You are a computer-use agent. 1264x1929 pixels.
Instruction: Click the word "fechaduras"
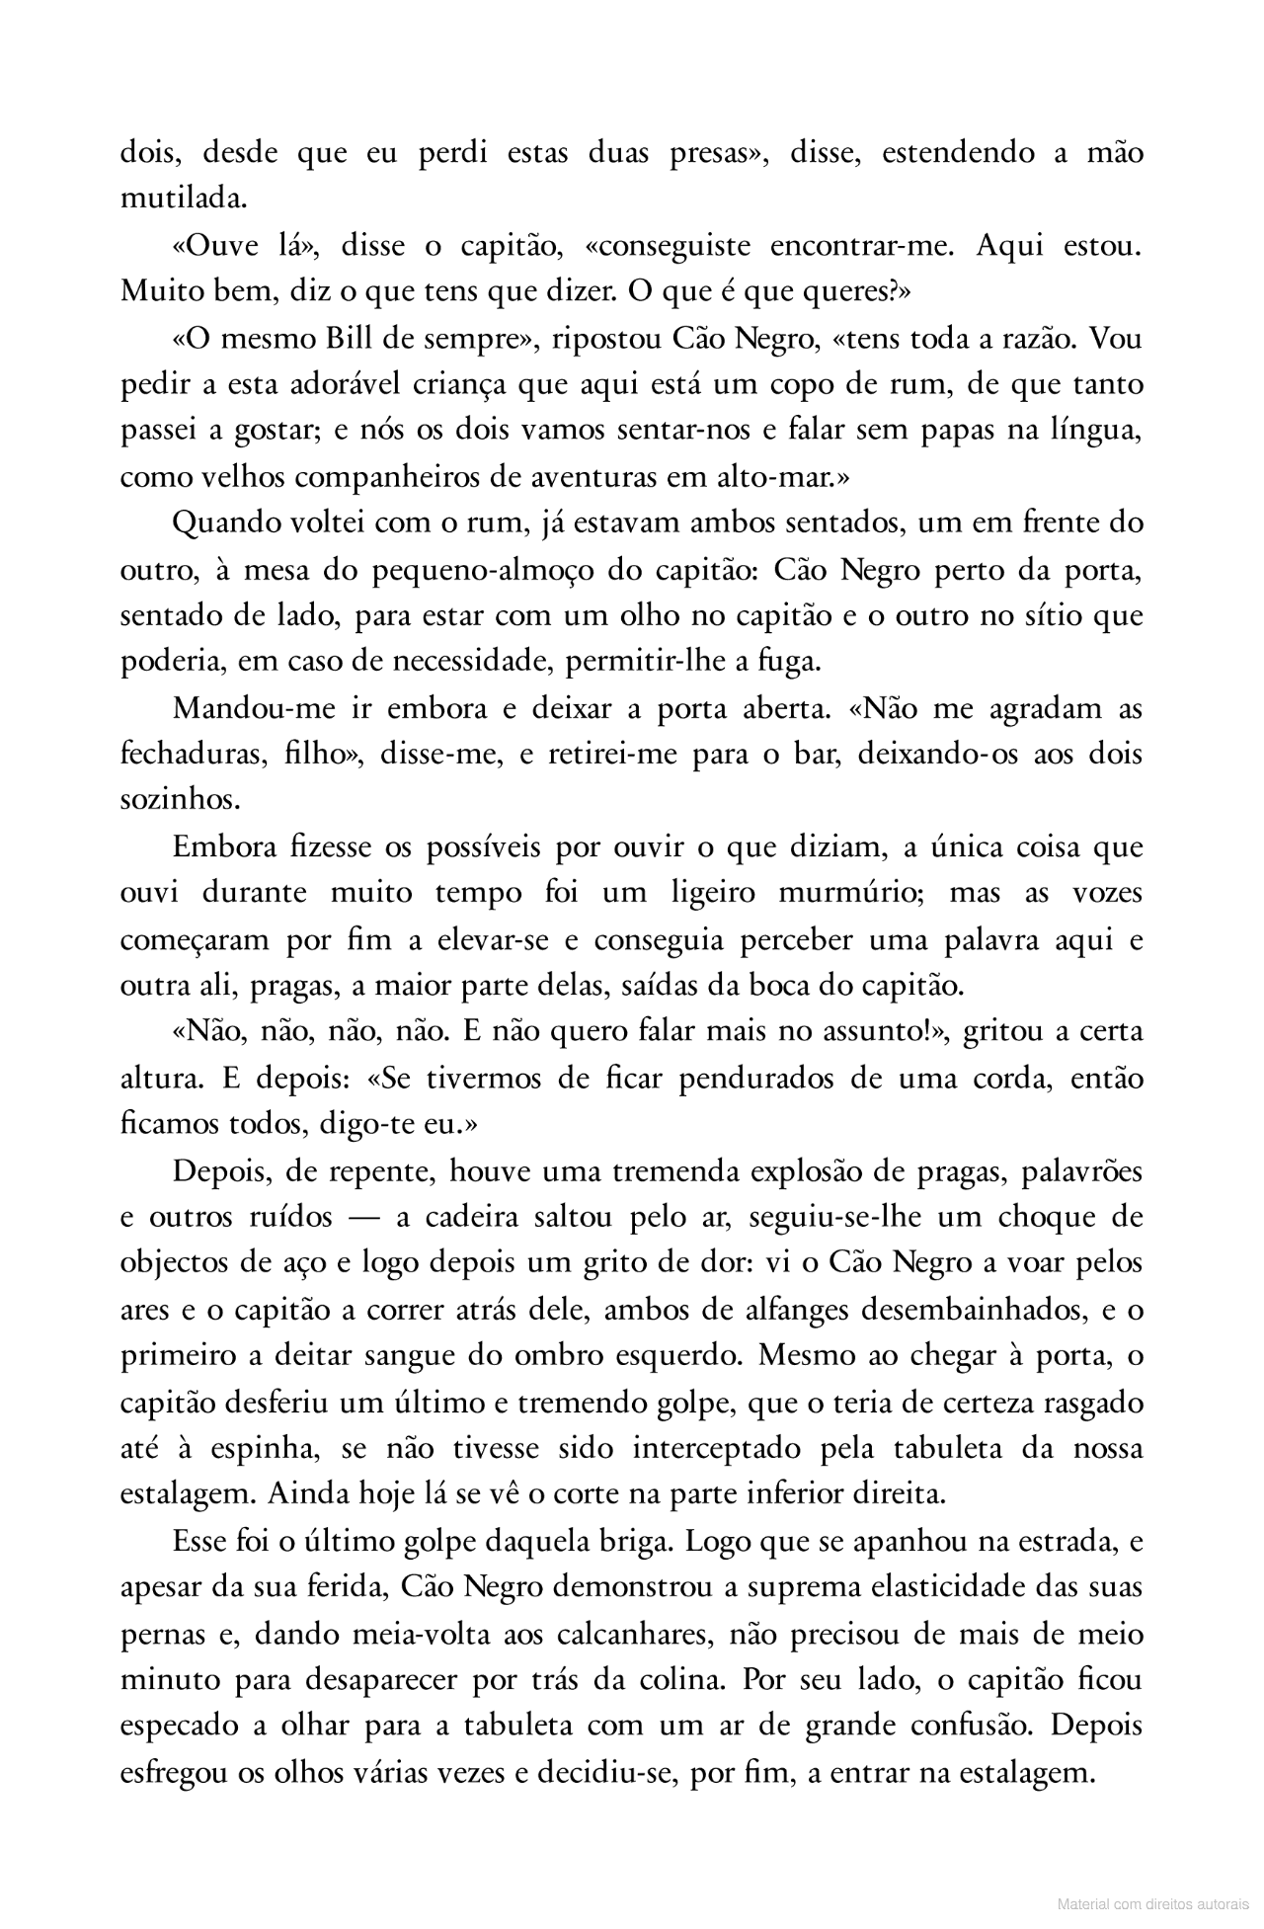[x=191, y=755]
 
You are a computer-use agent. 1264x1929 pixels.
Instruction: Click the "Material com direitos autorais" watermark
[x=1150, y=1901]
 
